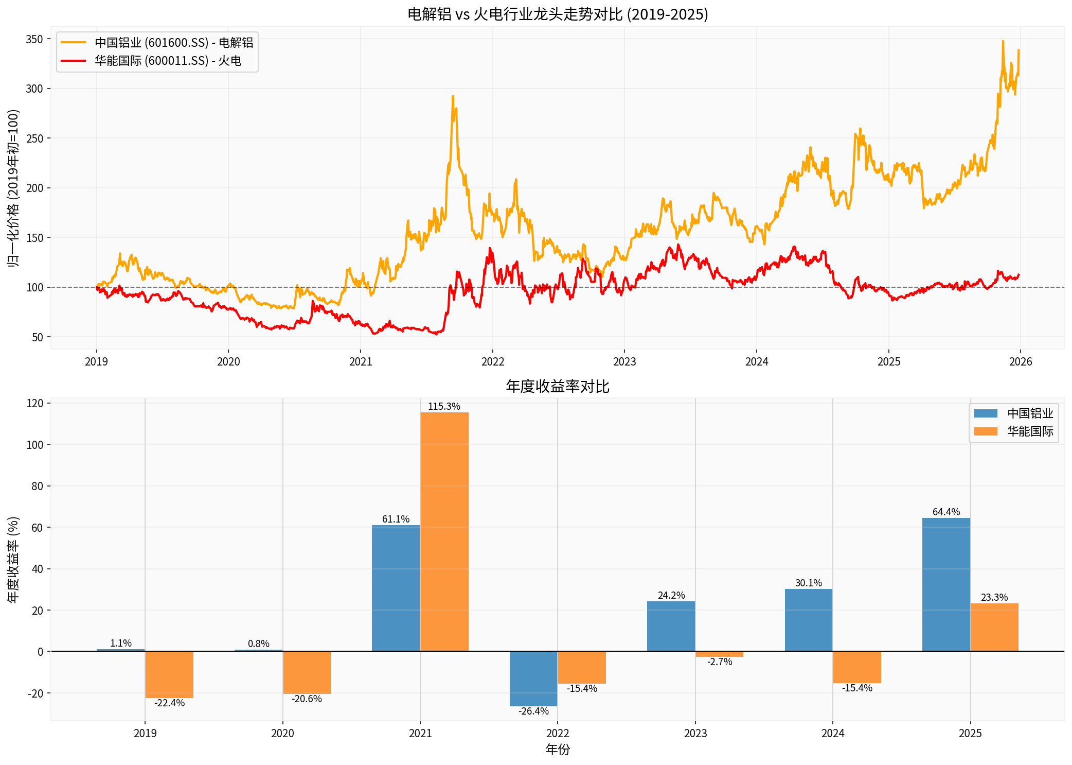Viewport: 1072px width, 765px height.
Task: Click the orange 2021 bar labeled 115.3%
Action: point(444,531)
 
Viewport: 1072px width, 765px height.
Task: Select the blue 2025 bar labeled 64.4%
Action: point(946,584)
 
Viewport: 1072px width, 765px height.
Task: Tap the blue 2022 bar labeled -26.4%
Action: point(533,679)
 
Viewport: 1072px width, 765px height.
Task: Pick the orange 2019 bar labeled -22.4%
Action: point(169,674)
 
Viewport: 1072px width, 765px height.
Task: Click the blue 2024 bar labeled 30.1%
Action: point(809,620)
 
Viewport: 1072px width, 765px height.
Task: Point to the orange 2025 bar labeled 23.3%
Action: point(994,627)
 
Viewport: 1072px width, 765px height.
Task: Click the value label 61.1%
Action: point(396,519)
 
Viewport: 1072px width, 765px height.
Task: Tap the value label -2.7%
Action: point(720,662)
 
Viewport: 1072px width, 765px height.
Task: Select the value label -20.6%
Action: point(307,699)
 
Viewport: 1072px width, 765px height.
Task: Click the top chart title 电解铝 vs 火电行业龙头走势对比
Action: point(558,14)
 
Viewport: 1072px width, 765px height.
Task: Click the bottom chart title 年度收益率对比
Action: point(558,386)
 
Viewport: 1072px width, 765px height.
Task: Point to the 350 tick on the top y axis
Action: point(34,39)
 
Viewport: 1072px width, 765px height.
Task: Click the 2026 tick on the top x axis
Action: point(1021,361)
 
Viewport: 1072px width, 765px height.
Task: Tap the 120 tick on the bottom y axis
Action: point(35,403)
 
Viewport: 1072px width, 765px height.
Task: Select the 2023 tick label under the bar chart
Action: point(695,733)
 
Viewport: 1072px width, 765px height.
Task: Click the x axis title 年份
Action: point(558,750)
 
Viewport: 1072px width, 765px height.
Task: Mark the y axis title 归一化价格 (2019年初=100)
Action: point(13,187)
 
